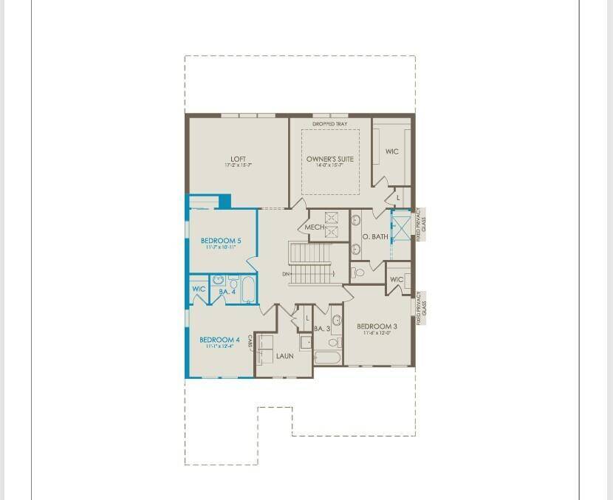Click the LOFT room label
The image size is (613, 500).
(238, 159)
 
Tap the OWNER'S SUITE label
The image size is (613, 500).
(329, 159)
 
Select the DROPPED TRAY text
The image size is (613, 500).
(329, 124)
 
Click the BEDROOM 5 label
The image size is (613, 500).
(221, 241)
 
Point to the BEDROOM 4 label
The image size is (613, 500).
(219, 340)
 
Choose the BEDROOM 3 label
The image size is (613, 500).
(377, 326)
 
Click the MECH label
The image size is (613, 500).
(314, 227)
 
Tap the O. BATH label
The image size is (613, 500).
(375, 236)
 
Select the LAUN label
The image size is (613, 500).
(284, 356)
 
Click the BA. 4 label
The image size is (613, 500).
(227, 292)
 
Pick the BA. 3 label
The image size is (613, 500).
(322, 329)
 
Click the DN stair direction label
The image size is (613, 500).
(286, 275)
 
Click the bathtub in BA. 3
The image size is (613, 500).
(326, 358)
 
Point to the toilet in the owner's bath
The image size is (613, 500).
(358, 272)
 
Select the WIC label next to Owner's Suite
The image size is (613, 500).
(391, 151)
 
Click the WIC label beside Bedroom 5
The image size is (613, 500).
(199, 289)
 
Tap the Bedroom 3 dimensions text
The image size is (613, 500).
(377, 334)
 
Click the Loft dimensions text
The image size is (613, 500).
(238, 165)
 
